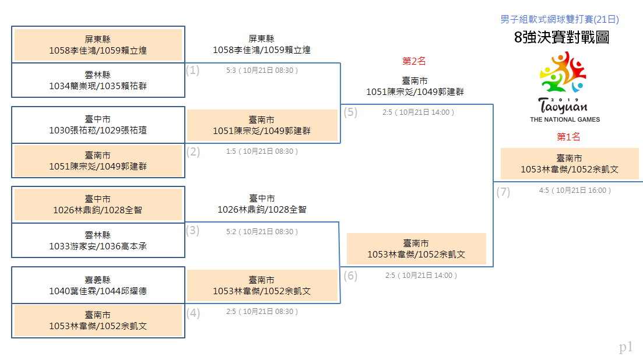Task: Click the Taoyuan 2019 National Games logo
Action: (564, 87)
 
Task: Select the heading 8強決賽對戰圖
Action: (561, 37)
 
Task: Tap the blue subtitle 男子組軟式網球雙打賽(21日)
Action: (559, 19)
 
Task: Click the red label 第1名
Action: (568, 137)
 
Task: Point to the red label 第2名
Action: (414, 61)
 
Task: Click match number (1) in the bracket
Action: (193, 70)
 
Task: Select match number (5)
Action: (350, 112)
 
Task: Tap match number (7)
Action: (503, 192)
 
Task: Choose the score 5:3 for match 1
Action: (231, 70)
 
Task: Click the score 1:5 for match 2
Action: (231, 151)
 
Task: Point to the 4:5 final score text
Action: (544, 190)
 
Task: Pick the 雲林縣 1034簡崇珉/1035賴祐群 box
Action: (98, 80)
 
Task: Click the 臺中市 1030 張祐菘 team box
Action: (98, 125)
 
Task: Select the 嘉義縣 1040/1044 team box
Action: (98, 285)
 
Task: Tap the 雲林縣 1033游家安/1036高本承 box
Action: (98, 241)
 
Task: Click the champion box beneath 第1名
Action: (570, 164)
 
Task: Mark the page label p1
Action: (626, 347)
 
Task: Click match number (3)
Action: (193, 231)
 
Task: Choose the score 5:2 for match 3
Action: (231, 232)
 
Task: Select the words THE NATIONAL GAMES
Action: (565, 119)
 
